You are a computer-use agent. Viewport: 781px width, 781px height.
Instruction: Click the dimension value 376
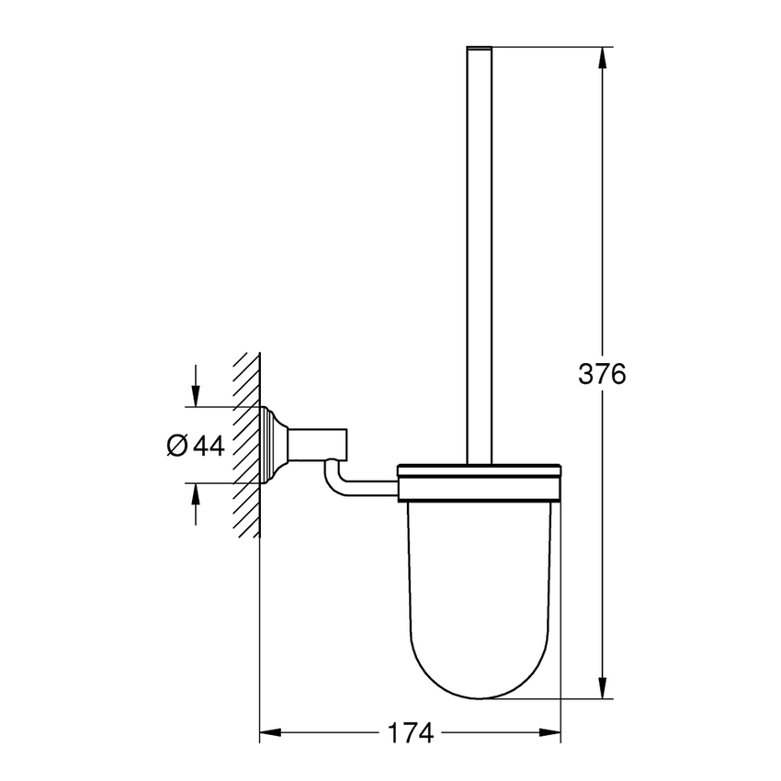(602, 375)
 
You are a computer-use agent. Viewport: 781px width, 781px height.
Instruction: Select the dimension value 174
(409, 733)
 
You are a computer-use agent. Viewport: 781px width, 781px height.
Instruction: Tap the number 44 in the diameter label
(209, 446)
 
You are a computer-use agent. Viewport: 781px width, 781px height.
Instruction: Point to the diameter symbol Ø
(177, 446)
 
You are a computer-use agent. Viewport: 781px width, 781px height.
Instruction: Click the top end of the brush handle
(481, 48)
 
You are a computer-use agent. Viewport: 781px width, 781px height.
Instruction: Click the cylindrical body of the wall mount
(319, 444)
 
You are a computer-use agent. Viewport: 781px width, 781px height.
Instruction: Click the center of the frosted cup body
(479, 588)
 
